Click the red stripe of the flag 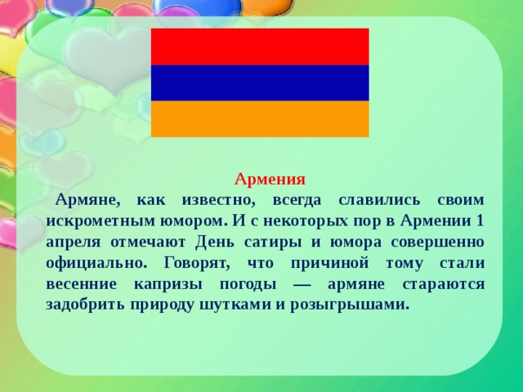260,47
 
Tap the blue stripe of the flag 260,82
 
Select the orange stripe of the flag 260,118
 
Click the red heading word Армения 270,180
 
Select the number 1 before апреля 479,220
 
